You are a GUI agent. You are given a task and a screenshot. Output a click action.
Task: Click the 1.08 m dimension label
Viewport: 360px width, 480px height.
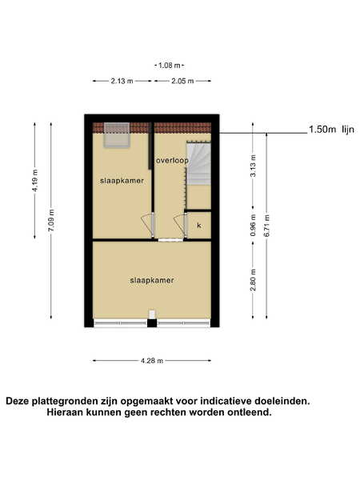pyautogui.click(x=170, y=66)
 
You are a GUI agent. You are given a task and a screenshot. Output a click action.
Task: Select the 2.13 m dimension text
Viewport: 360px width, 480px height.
pyautogui.click(x=122, y=81)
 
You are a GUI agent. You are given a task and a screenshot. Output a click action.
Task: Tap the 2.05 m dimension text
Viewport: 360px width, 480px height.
pyautogui.click(x=182, y=81)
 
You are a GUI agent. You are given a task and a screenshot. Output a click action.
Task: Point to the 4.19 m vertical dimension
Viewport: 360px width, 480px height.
pyautogui.click(x=35, y=181)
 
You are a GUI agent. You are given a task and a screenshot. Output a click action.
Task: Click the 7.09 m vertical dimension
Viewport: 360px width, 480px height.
pyautogui.click(x=51, y=221)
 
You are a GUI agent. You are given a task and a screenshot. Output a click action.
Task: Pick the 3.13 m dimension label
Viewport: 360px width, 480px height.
pyautogui.click(x=253, y=166)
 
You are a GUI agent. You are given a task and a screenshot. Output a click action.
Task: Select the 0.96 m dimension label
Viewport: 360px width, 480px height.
pyautogui.click(x=253, y=225)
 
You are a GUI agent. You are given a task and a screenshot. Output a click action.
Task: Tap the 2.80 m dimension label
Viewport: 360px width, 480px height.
pyautogui.click(x=253, y=280)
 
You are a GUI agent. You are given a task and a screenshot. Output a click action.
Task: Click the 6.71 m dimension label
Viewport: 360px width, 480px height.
pyautogui.click(x=267, y=226)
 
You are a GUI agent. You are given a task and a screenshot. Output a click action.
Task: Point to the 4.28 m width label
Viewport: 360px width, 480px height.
pyautogui.click(x=152, y=361)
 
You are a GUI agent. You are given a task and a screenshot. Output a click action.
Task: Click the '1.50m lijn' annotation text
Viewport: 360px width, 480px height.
pyautogui.click(x=331, y=130)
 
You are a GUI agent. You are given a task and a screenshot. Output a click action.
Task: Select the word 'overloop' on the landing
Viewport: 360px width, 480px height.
pyautogui.click(x=172, y=161)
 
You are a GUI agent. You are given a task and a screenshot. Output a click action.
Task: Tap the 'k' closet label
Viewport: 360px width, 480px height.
pyautogui.click(x=199, y=226)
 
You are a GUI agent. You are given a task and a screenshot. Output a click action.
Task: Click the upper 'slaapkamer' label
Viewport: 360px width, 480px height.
pyautogui.click(x=122, y=181)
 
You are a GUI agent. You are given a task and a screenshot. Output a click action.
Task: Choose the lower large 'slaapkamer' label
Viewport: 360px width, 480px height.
pyautogui.click(x=152, y=280)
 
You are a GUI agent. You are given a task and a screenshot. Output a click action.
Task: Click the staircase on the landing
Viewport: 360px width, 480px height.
pyautogui.click(x=198, y=163)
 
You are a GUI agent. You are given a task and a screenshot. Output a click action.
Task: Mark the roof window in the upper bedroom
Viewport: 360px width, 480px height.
pyautogui.click(x=116, y=135)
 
